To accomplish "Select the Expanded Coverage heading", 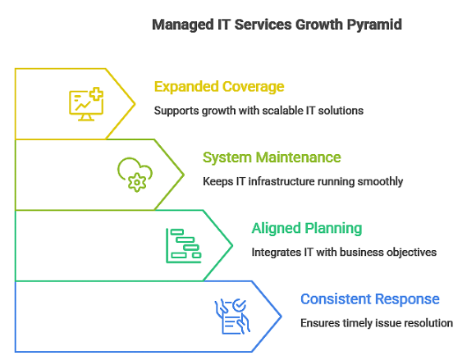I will [x=219, y=87].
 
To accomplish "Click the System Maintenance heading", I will [x=272, y=157].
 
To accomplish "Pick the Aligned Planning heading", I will [x=307, y=228].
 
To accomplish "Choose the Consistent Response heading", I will [x=370, y=298].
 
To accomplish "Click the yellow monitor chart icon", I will [x=85, y=104].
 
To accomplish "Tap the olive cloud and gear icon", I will [x=134, y=174].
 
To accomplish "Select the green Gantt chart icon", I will [x=183, y=245].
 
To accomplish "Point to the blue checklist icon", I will [x=231, y=316].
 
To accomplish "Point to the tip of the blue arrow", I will [x=281, y=316].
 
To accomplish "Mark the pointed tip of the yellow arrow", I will [x=135, y=104].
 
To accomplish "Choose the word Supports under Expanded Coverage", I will [x=177, y=111].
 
